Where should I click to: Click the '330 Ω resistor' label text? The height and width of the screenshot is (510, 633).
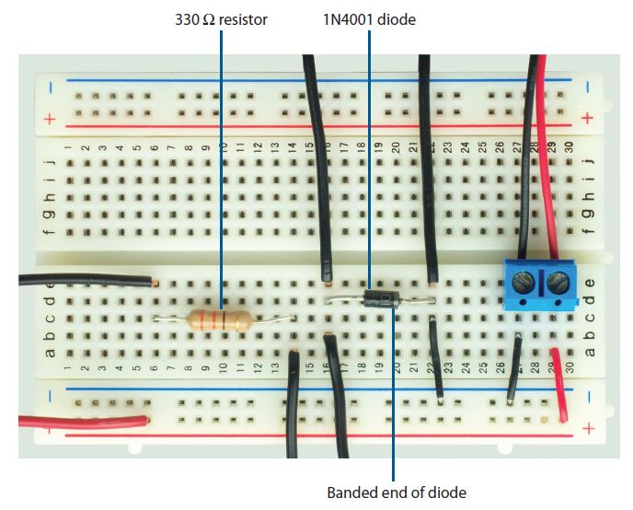point(221,17)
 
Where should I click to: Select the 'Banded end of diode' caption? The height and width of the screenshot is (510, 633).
point(397,492)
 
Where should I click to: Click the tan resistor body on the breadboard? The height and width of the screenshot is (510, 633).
point(219,320)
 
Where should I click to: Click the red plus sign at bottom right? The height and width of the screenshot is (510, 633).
point(588,428)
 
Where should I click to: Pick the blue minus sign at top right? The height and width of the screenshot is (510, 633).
point(588,87)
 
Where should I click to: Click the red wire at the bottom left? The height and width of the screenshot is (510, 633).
point(83,423)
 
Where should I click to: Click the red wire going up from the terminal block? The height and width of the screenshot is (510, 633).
point(547,156)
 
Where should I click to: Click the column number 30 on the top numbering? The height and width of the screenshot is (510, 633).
point(570,145)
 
